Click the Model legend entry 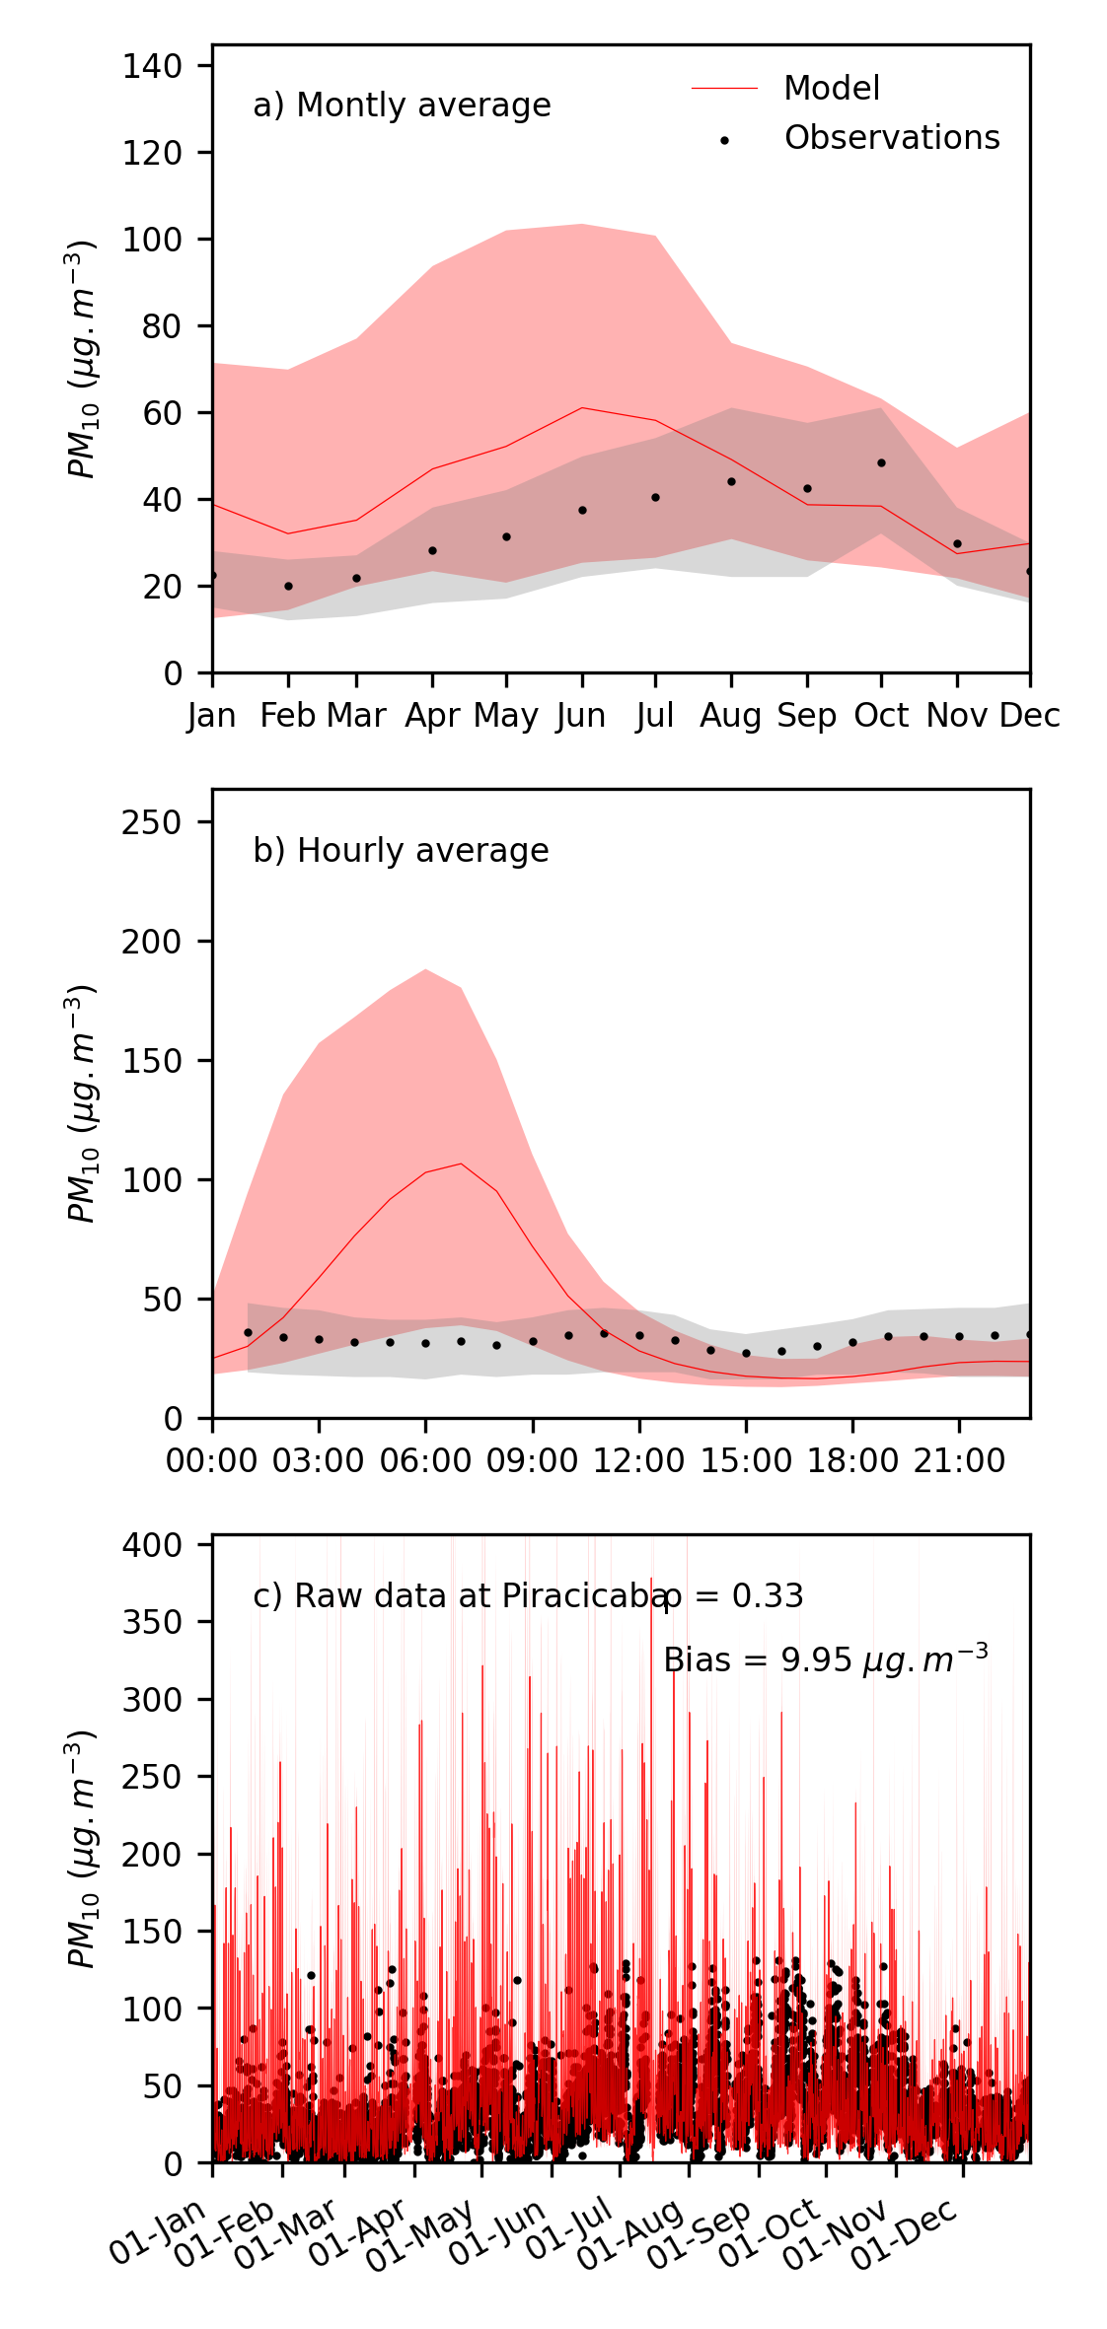coord(831,89)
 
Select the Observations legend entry coord(891,138)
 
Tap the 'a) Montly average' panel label coord(402,106)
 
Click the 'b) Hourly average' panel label coord(401,851)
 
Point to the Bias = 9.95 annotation coord(825,1660)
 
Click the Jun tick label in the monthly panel coord(581,716)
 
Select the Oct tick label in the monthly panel coord(881,716)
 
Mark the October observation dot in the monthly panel coord(881,462)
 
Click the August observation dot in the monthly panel coord(731,481)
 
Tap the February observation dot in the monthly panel coord(288,586)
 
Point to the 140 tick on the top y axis coord(153,66)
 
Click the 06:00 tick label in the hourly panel coord(425,1461)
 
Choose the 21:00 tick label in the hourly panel coord(959,1461)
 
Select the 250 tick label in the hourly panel coord(153,822)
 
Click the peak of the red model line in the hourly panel coord(461,1164)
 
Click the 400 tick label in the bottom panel coord(153,1545)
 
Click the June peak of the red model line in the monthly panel coord(582,407)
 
